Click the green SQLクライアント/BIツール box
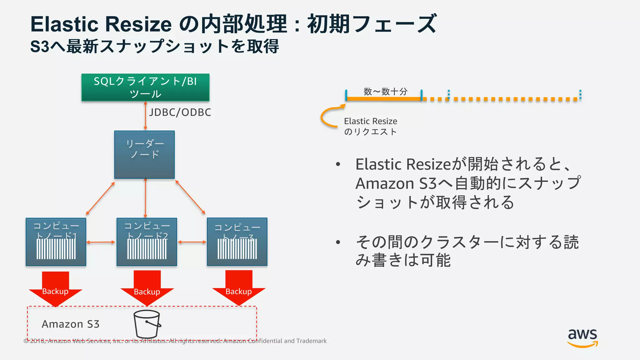coord(145,87)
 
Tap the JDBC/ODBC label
coord(180,112)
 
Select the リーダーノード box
coord(144,155)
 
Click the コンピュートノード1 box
coord(56,242)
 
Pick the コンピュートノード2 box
coord(147,242)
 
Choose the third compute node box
coord(237,242)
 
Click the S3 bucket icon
coord(147,324)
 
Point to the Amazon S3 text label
coord(71,324)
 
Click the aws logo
coord(582,337)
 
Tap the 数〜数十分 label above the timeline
coord(385,92)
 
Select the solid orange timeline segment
coord(384,99)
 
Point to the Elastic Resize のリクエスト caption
coord(371,126)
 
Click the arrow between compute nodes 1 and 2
coord(101,242)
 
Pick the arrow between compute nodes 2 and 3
coord(192,242)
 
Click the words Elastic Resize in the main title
coord(101,24)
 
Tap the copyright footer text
coord(175,341)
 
